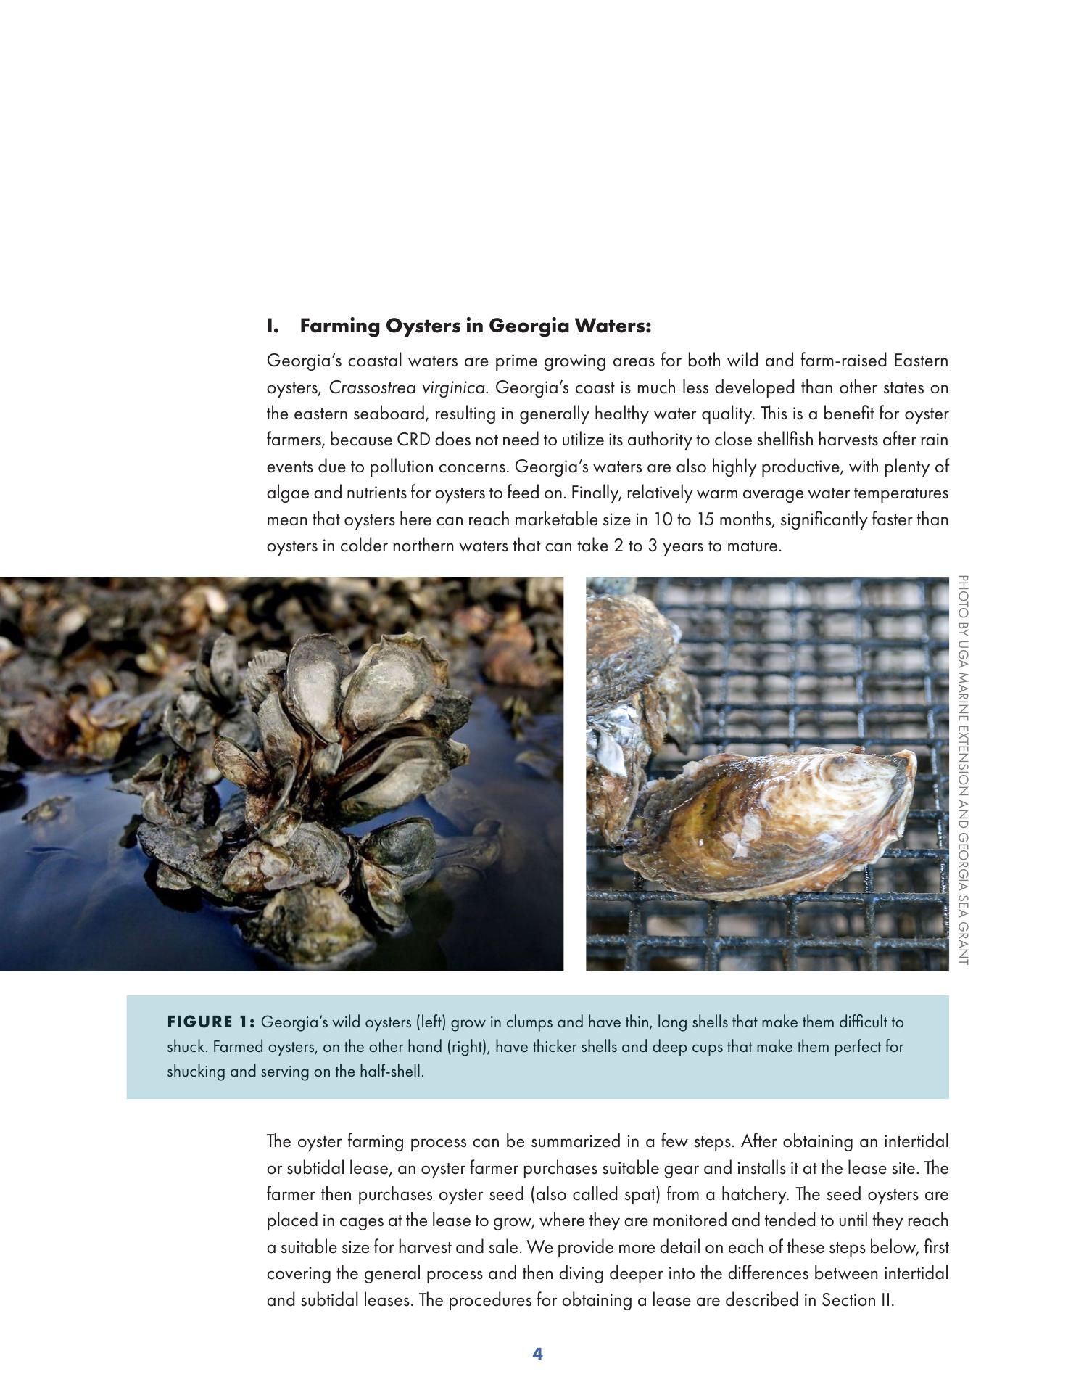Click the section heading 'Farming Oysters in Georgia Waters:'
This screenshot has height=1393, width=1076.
click(x=475, y=326)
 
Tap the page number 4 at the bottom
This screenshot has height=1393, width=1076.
click(x=537, y=1353)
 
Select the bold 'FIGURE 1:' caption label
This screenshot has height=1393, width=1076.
click(x=210, y=1022)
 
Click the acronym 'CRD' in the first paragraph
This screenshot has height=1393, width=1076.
click(x=413, y=440)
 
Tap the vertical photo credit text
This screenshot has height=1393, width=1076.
click(x=963, y=769)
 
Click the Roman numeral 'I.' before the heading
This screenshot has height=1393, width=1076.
click(x=273, y=326)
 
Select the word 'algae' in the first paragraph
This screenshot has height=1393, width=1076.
click(x=288, y=493)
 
